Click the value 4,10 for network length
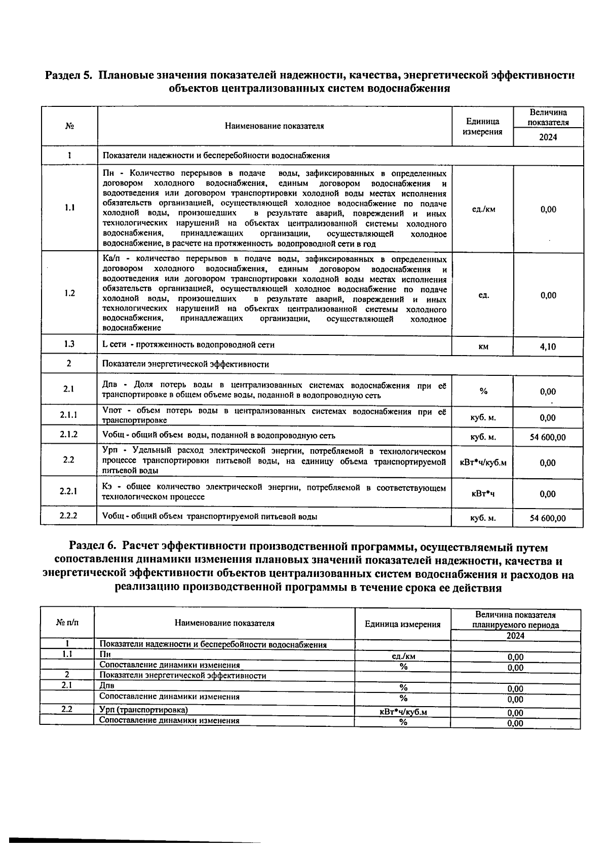tap(548, 347)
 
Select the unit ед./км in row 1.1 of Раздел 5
tap(483, 209)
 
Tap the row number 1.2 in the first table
tap(69, 293)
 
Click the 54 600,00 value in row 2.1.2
tap(548, 437)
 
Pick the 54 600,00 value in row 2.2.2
tap(548, 518)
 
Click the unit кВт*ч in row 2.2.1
tap(483, 494)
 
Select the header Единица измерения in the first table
tap(483, 127)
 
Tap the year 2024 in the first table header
tap(548, 137)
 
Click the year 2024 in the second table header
tap(515, 636)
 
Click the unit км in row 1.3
tap(483, 347)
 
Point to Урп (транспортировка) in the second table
tap(143, 710)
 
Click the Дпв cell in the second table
tap(107, 686)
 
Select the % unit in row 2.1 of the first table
tap(483, 391)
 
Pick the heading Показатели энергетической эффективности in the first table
tap(185, 364)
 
